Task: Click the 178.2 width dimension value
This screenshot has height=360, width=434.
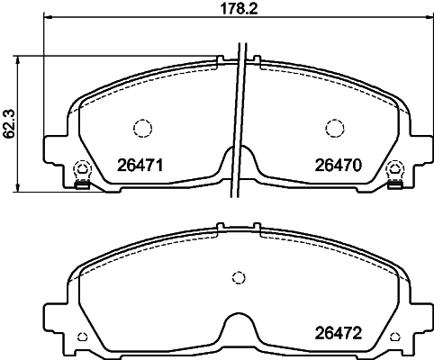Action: tap(239, 9)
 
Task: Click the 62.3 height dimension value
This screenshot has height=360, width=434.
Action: tap(10, 123)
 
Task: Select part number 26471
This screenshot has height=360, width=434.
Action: tap(140, 166)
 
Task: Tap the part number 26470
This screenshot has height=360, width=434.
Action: tap(339, 166)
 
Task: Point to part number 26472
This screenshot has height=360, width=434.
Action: tap(339, 333)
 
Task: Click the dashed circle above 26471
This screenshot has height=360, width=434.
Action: tap(142, 129)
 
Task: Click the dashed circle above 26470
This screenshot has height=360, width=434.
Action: tap(335, 129)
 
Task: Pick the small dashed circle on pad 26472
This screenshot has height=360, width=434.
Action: tap(239, 277)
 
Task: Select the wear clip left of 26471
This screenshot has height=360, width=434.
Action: tap(82, 175)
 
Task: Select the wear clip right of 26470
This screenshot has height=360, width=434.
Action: tap(395, 175)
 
